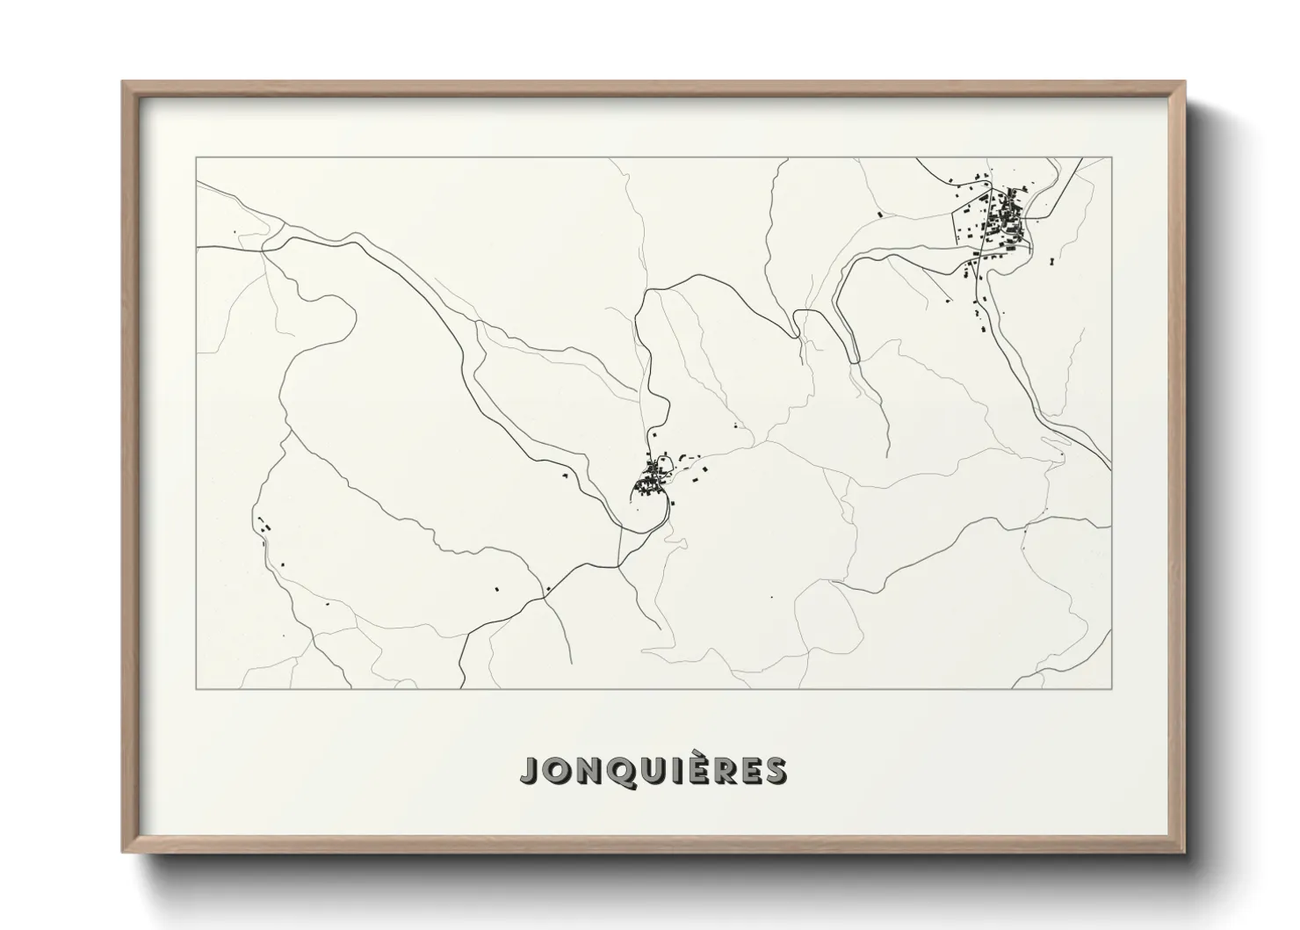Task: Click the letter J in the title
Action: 529,770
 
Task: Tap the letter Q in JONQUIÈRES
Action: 618,770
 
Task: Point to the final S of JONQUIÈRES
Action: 775,770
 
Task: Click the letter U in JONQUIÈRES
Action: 650,770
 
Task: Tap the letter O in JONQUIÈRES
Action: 556,770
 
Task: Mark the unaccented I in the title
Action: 671,770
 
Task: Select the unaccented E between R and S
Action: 747,770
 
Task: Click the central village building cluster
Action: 654,479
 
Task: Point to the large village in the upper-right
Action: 997,224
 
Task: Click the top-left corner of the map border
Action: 197,157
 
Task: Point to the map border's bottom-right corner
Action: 1112,688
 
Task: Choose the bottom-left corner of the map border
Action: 197,688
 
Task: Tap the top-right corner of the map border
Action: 1112,157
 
